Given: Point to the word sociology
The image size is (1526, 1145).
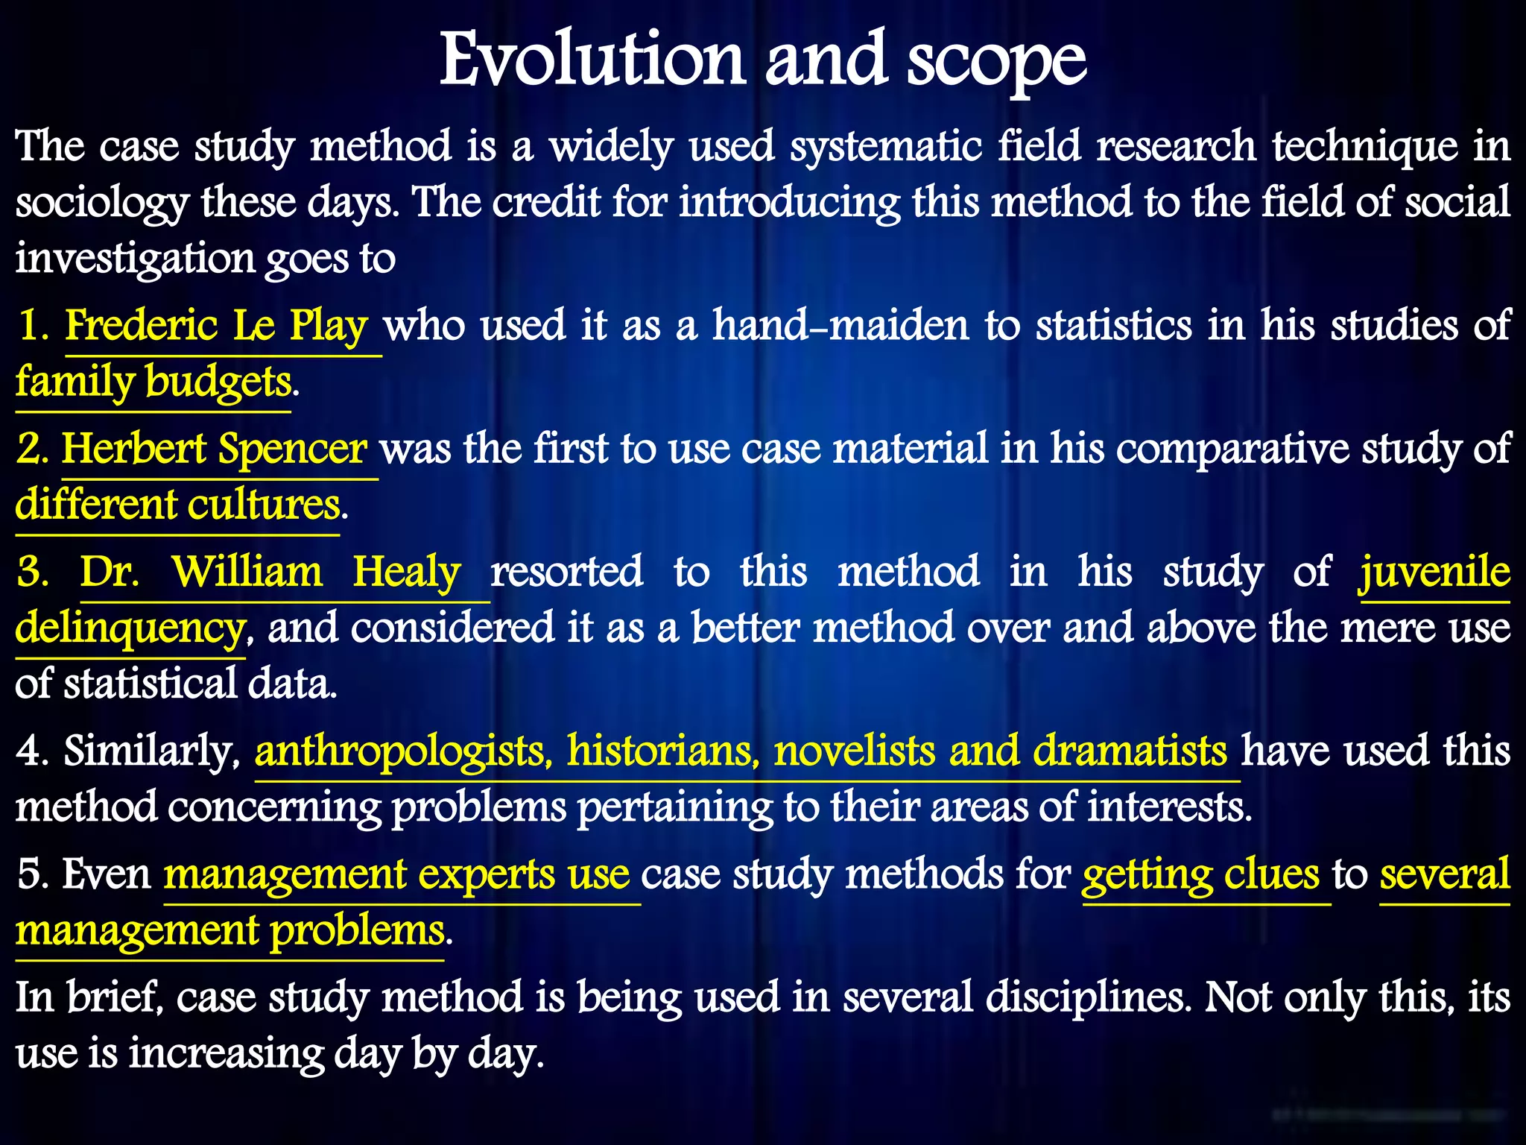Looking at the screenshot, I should tap(101, 204).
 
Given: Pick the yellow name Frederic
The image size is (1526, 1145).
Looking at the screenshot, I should tap(142, 326).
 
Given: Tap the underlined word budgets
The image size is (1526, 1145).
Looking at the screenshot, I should tap(218, 382).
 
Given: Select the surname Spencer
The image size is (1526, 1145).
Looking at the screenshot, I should tap(292, 449).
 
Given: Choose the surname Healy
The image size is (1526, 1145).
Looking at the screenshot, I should tap(407, 572).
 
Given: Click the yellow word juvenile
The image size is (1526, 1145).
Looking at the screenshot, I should tap(1435, 572).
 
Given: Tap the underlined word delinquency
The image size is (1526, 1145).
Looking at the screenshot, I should tap(130, 628).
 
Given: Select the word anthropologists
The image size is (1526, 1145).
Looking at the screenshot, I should tap(399, 751).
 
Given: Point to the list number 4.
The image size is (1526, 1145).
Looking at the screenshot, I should tap(30, 751).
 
